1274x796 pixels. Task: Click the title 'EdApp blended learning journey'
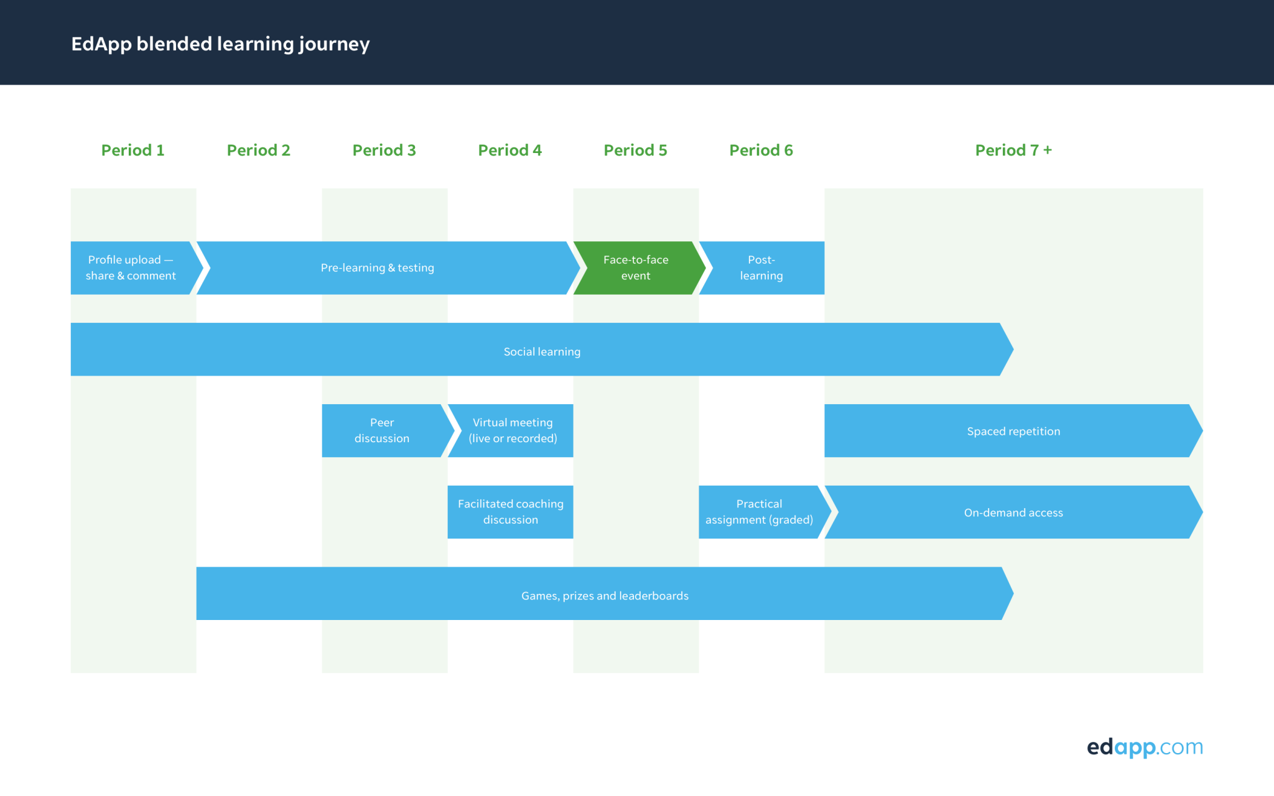pos(220,44)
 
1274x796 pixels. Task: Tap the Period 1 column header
pos(133,150)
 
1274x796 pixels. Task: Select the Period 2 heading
pos(259,150)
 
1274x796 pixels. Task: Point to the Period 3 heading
pos(384,150)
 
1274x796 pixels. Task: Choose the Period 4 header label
pos(510,150)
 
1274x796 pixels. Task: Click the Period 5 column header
pos(636,150)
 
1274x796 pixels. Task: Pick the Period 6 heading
pos(761,150)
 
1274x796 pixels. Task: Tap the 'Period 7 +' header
pos(1013,150)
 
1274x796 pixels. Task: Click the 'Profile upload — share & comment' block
pos(133,268)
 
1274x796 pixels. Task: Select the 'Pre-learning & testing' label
pos(378,268)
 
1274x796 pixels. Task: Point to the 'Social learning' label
pos(542,352)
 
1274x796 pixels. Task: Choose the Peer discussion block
pos(386,431)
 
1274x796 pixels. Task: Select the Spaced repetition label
pos(1013,432)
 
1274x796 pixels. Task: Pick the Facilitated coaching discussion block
pos(510,512)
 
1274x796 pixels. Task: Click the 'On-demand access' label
pos(1013,513)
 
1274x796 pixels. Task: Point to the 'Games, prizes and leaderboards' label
pos(605,596)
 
